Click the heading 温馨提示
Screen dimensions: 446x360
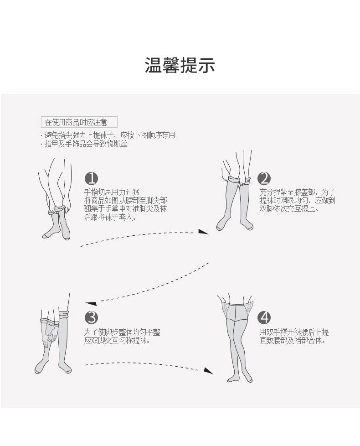(x=180, y=66)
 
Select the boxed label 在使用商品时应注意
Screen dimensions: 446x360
(x=79, y=122)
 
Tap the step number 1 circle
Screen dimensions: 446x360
(x=92, y=178)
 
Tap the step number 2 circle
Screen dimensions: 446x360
(x=264, y=178)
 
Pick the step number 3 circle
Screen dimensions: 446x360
(x=92, y=317)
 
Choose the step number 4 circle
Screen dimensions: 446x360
(x=264, y=317)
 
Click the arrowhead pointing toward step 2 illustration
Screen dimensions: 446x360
(x=203, y=233)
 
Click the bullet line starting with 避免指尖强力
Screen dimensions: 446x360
(x=108, y=135)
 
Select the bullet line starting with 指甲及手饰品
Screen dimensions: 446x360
(x=84, y=144)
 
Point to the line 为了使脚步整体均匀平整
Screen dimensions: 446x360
(x=122, y=332)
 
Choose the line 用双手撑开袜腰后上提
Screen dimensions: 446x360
(x=294, y=332)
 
